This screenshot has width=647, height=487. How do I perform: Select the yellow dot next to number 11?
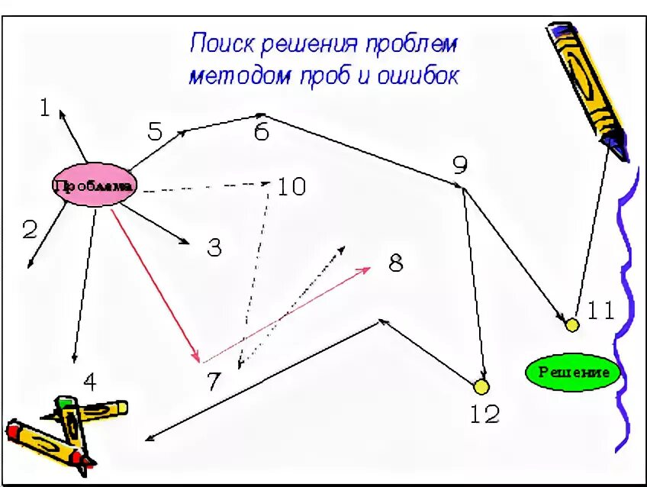pos(571,324)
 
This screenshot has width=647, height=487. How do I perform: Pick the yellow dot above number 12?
pos(481,387)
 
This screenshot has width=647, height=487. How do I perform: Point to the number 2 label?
pos(29,230)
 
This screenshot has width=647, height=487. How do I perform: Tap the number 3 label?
pos(214,247)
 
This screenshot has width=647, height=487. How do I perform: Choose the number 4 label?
pos(90,381)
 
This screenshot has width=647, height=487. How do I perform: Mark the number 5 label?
pos(155,131)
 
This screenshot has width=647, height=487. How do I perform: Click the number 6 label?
pos(262,132)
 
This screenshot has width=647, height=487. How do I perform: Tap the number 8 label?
pos(395,263)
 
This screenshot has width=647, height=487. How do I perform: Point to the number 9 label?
pos(459,164)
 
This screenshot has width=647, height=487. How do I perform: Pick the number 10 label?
pos(290,185)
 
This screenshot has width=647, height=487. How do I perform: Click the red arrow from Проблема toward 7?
pos(156,284)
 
